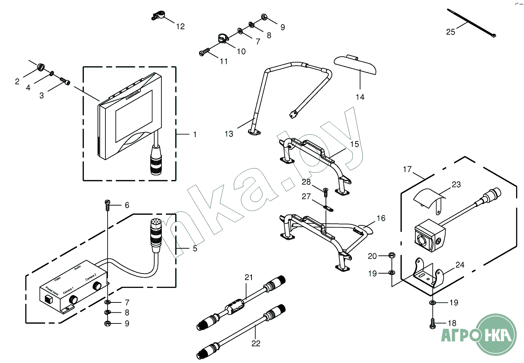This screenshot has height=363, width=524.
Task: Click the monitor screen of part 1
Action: (x=134, y=116)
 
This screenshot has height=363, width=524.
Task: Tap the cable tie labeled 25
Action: (x=470, y=23)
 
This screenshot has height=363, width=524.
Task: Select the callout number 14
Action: (x=360, y=97)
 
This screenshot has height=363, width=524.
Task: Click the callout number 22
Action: (x=256, y=343)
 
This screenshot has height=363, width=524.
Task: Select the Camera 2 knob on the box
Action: (x=97, y=286)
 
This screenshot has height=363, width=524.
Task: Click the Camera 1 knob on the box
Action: (x=73, y=299)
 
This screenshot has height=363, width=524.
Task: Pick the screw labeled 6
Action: (x=107, y=203)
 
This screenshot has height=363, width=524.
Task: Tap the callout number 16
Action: (x=381, y=218)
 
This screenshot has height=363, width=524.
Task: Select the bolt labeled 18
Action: (x=433, y=323)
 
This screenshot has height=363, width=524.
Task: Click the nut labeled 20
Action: (x=391, y=255)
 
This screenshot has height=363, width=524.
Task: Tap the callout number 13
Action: (x=229, y=134)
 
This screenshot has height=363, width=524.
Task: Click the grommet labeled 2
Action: (x=41, y=67)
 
